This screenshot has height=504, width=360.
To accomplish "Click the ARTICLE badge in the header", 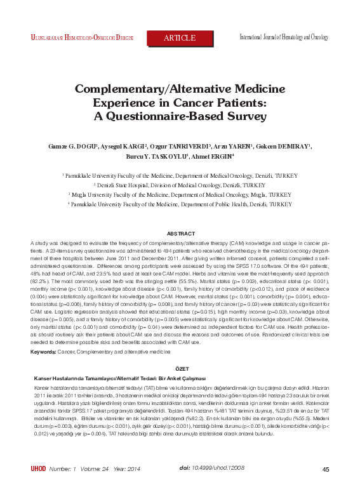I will pyautogui.click(x=180, y=38).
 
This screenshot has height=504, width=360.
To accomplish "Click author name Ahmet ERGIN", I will pyautogui.click(x=197, y=157).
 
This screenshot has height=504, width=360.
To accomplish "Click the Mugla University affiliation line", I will pyautogui.click(x=180, y=194).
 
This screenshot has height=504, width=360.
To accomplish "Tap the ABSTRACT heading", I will pyautogui.click(x=180, y=234).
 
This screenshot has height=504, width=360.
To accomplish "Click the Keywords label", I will pyautogui.click(x=43, y=351).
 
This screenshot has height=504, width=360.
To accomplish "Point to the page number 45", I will pyautogui.click(x=326, y=487).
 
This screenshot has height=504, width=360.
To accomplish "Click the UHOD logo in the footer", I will pyautogui.click(x=39, y=487).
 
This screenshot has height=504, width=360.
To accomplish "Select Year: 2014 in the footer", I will pyautogui.click(x=126, y=487).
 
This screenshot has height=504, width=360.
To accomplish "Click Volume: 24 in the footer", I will pyautogui.click(x=95, y=487).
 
